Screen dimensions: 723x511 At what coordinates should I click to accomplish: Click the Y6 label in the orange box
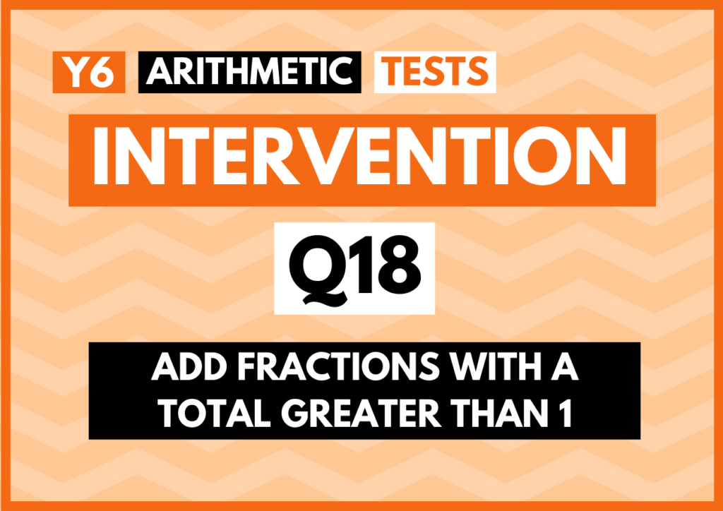point(88,72)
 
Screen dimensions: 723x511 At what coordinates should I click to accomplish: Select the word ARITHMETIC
point(249,72)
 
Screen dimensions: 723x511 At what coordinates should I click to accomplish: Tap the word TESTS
point(435,72)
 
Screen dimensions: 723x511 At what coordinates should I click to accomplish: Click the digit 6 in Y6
point(102,73)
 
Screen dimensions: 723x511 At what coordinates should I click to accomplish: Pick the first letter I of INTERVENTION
point(100,156)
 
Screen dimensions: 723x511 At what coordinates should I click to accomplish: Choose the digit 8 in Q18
point(400,265)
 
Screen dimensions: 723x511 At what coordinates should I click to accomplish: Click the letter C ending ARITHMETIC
point(339,72)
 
